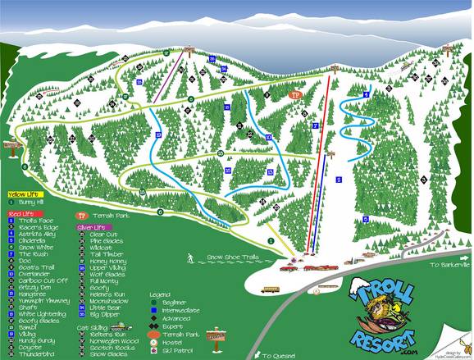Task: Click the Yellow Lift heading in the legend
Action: [24, 194]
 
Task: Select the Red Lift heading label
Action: [22, 213]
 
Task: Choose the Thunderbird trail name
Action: [37, 353]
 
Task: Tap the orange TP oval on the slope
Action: [296, 95]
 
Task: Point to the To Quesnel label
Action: [277, 355]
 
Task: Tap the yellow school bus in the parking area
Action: [270, 289]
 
